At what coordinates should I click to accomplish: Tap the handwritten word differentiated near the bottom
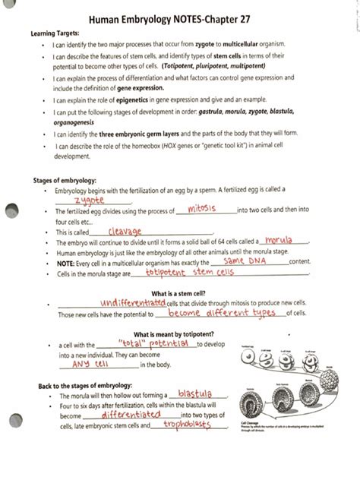130,415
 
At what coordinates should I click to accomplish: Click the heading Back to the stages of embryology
85,386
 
